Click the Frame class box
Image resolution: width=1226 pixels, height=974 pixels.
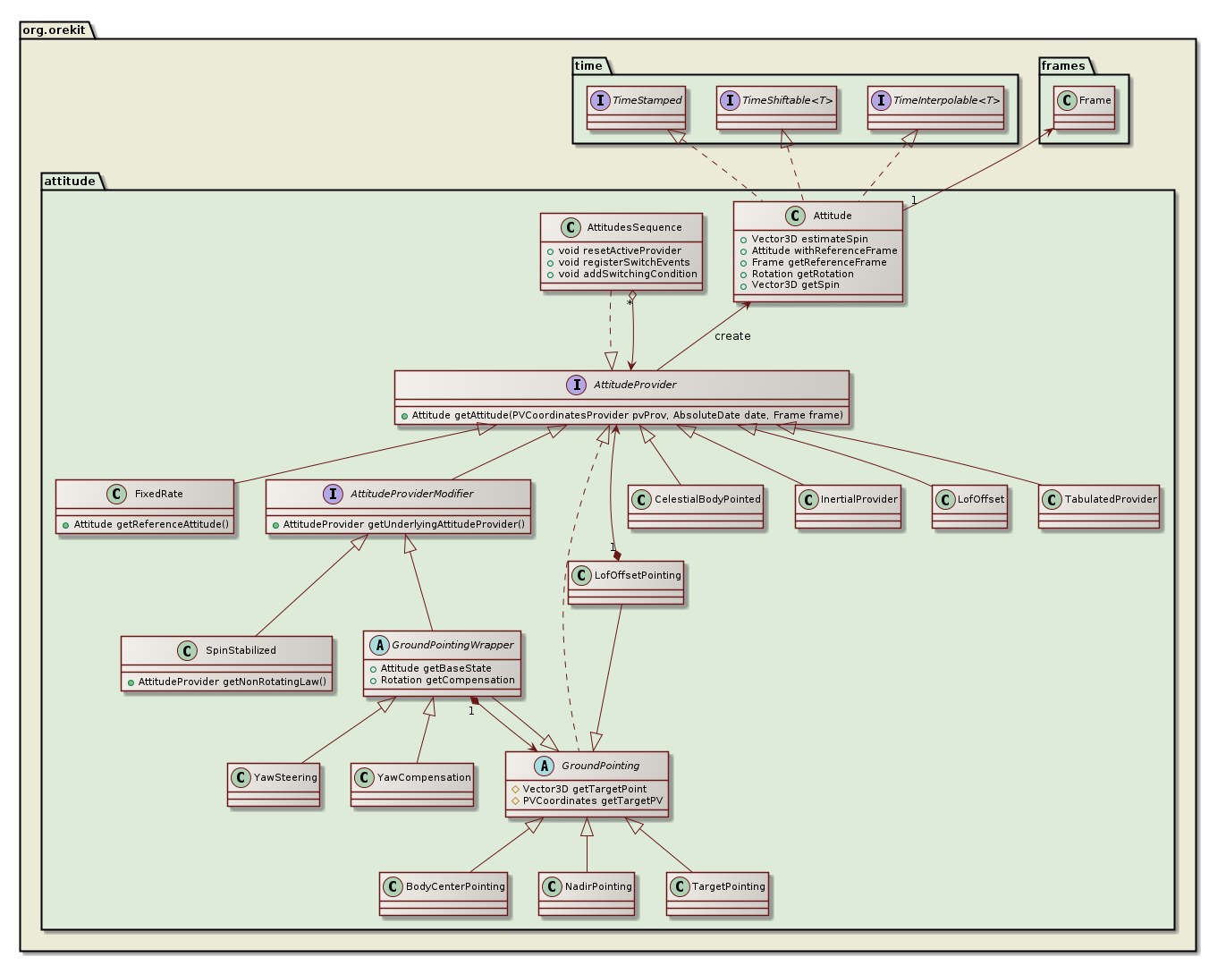(x=1084, y=108)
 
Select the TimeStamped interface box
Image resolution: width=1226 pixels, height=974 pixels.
(x=636, y=108)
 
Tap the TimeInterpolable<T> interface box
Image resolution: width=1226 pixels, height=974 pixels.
(x=935, y=108)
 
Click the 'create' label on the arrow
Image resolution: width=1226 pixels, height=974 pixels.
(x=732, y=336)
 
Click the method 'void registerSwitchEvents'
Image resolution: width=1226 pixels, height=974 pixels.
(x=623, y=263)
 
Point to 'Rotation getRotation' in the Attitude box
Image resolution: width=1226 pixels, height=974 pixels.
(x=802, y=274)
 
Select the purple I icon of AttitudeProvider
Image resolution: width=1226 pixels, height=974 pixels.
(x=576, y=385)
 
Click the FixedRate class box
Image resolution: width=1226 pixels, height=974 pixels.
(x=145, y=506)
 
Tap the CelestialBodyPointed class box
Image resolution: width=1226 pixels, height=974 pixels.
(x=696, y=506)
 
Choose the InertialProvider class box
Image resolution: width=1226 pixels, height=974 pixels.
(x=847, y=506)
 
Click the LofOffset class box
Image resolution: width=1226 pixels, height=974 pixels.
(x=969, y=506)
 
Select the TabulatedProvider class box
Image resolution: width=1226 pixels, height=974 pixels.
(x=1099, y=506)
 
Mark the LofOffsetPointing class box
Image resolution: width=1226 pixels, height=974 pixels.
(x=626, y=582)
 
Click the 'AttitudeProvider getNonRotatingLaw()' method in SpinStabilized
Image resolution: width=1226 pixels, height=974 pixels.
(x=232, y=682)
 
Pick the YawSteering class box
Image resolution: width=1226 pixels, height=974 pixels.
(x=274, y=784)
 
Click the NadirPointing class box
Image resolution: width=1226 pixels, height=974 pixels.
(x=587, y=894)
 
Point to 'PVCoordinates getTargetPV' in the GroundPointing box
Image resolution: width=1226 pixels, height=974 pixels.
(x=592, y=801)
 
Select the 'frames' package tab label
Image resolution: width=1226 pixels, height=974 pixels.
(x=1062, y=66)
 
